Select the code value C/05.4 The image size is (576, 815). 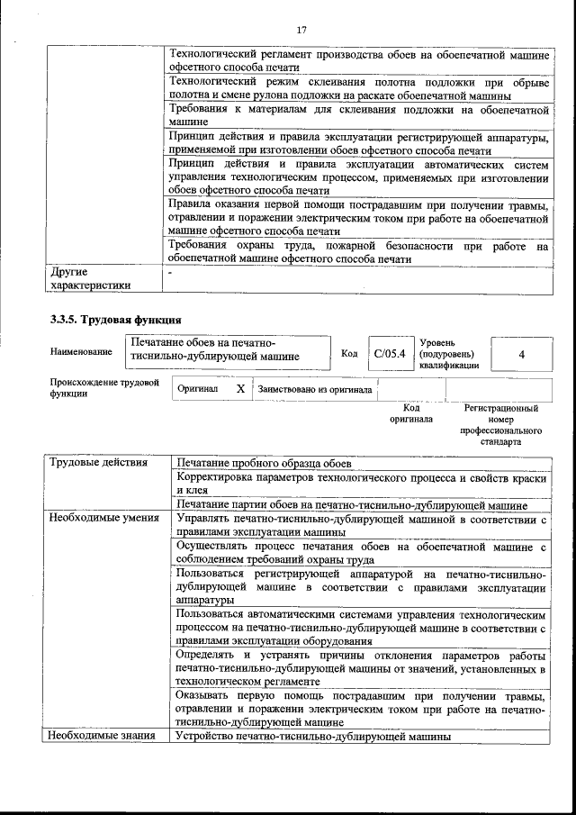click(390, 354)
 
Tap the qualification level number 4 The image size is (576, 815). click(522, 354)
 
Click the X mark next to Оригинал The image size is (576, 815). click(240, 389)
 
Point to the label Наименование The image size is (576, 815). click(81, 351)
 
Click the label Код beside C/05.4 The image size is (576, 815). click(349, 354)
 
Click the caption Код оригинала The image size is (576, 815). click(411, 413)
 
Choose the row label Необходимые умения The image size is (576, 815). click(104, 519)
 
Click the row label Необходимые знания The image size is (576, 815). click(103, 736)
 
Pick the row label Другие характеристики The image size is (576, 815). click(90, 277)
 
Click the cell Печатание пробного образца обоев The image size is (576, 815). click(264, 463)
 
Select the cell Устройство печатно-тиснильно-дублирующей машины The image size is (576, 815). click(314, 736)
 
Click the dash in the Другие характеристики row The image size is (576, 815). click(170, 270)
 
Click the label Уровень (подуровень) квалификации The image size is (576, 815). click(449, 354)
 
